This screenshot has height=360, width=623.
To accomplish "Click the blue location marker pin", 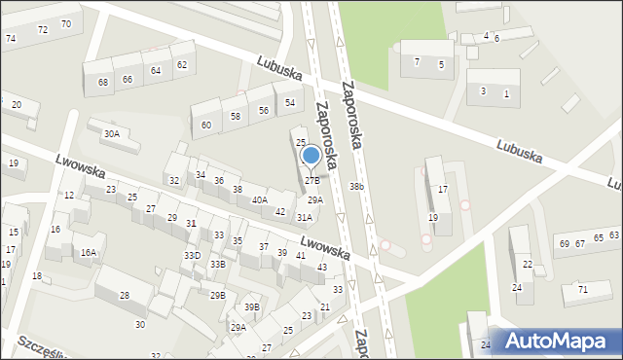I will [311, 156].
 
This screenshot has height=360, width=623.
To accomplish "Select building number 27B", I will [311, 180].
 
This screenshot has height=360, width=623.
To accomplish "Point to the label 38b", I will [357, 186].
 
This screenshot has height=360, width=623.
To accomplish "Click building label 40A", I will [260, 200].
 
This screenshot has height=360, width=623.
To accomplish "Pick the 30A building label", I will [112, 134].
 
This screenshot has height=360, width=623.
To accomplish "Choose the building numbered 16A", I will [89, 253].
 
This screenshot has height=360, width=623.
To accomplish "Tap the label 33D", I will [192, 256].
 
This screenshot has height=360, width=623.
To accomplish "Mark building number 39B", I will [252, 307].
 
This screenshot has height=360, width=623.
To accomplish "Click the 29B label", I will [217, 295].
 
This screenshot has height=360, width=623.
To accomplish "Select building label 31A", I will [305, 218].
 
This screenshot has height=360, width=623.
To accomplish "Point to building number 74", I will [11, 39].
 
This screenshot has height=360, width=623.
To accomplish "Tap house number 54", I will [290, 103].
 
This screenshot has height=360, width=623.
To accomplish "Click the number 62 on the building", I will [181, 65].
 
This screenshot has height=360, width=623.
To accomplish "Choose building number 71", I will [582, 290].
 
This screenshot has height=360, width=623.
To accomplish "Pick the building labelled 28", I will [125, 296].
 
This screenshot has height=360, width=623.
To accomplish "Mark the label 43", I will [322, 267].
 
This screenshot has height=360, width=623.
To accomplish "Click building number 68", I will [103, 82].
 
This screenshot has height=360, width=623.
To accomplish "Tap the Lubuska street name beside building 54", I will [279, 67].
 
